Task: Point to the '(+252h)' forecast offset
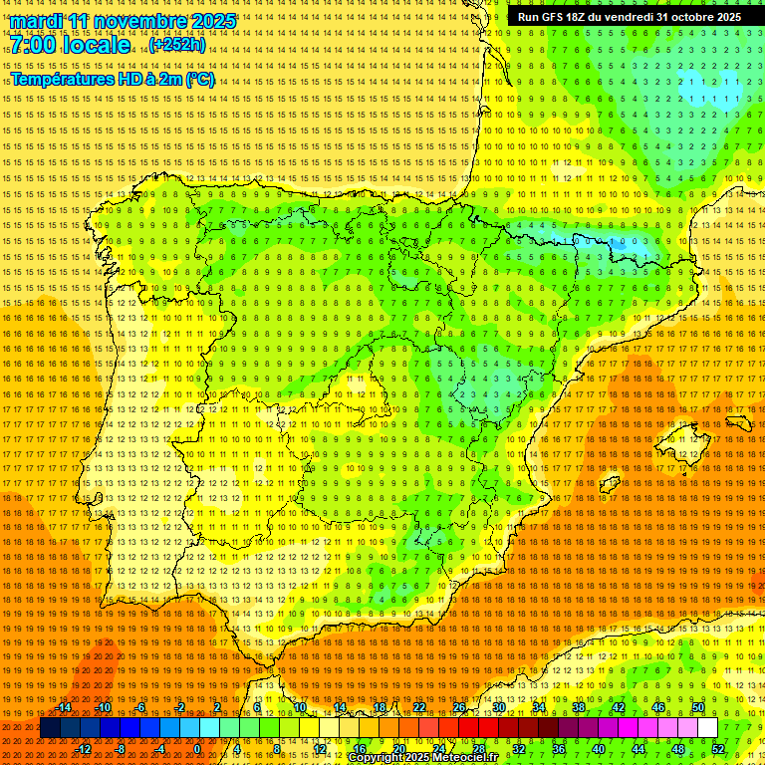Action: (x=177, y=45)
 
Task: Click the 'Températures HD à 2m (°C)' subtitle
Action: (x=112, y=79)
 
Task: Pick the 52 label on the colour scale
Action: (x=718, y=749)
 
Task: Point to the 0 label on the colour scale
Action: (x=198, y=749)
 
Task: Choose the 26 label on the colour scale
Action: (x=459, y=707)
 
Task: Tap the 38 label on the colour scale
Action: (x=579, y=707)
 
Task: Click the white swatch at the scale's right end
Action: (x=708, y=728)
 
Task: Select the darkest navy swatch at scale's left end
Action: (x=50, y=728)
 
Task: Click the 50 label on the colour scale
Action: (x=698, y=707)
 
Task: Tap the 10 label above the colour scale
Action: (x=299, y=707)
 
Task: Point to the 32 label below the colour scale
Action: (x=518, y=749)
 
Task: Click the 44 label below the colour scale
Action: (x=638, y=749)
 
